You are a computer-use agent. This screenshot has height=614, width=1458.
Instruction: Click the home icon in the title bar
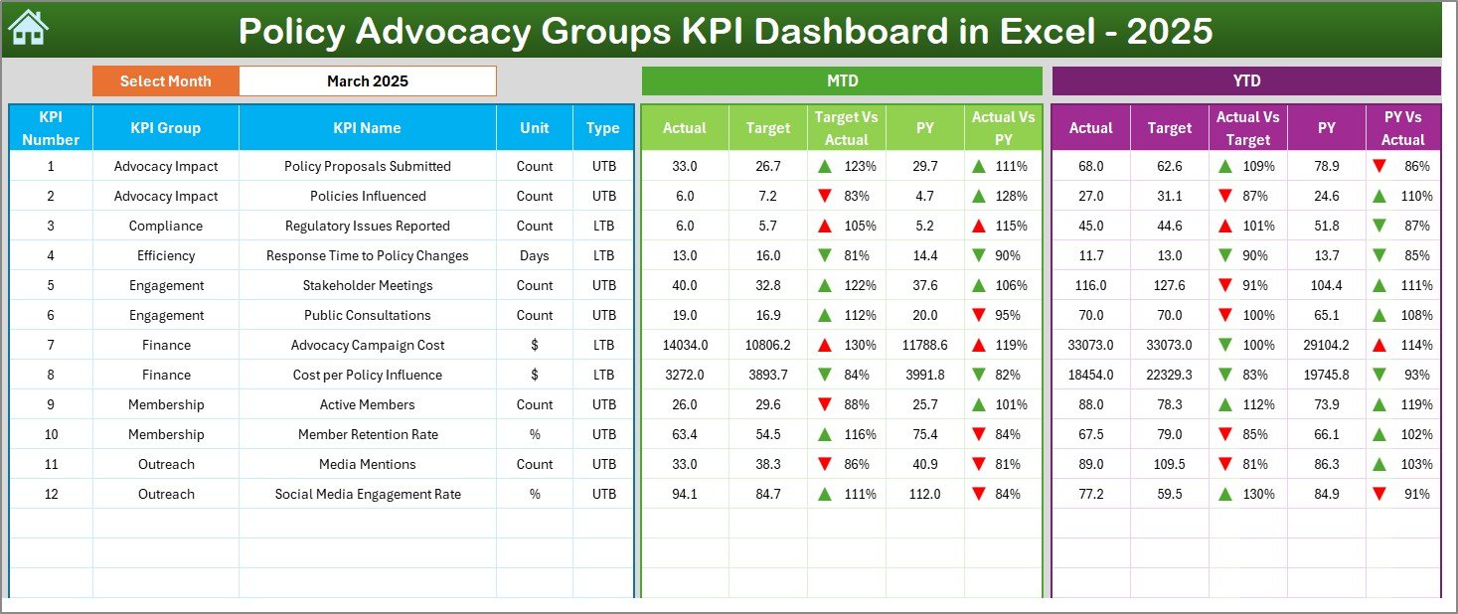click(28, 29)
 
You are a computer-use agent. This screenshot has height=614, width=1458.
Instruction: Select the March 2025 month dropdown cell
click(367, 81)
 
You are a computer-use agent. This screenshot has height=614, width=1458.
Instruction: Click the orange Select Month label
click(165, 81)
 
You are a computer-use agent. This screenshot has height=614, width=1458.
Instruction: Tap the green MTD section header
click(841, 81)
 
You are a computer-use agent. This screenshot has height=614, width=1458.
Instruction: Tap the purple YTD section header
click(1245, 81)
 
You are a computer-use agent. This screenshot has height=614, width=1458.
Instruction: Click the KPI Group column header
click(165, 128)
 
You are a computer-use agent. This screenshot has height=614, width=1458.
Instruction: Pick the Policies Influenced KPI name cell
click(368, 196)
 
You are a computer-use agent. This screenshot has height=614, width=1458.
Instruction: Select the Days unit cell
click(535, 255)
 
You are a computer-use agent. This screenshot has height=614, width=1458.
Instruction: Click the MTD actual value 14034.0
click(685, 345)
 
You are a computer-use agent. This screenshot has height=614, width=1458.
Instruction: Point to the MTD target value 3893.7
click(767, 375)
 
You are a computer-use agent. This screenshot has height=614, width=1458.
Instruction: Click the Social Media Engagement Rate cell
click(368, 494)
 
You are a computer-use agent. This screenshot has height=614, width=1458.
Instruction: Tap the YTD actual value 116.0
click(1090, 285)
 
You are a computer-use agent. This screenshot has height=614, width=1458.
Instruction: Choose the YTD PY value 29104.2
click(1326, 345)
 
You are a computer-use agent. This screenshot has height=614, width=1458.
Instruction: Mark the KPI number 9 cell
click(51, 404)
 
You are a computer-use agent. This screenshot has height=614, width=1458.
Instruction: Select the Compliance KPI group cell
click(165, 226)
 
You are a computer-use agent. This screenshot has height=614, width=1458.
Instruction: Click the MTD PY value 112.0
click(924, 494)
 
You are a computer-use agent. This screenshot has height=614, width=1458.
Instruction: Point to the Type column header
click(602, 128)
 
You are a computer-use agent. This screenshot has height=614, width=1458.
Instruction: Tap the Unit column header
click(535, 128)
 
